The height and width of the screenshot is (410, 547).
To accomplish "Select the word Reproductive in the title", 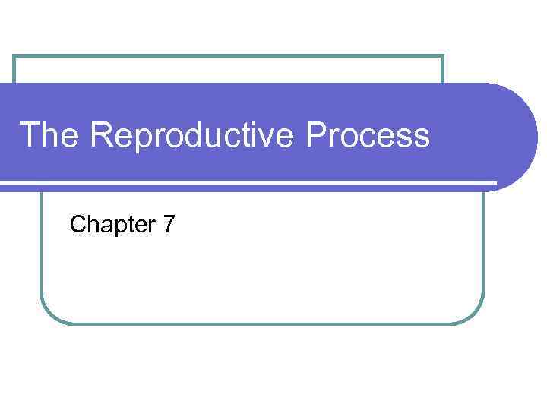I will (x=195, y=137).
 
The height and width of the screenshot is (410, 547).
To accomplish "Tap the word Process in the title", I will (x=368, y=137).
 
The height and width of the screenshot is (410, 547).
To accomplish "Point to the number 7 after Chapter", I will (x=169, y=224).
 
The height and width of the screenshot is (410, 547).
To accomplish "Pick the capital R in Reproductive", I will (x=102, y=136).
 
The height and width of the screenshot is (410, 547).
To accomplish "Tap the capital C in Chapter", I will (x=77, y=224).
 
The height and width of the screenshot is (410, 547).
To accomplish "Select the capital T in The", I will (x=29, y=136).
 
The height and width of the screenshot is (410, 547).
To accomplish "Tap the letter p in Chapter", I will (x=115, y=226).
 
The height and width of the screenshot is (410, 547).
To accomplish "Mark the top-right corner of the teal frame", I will (x=442, y=57).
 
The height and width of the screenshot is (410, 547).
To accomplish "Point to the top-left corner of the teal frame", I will (x=15, y=57).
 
